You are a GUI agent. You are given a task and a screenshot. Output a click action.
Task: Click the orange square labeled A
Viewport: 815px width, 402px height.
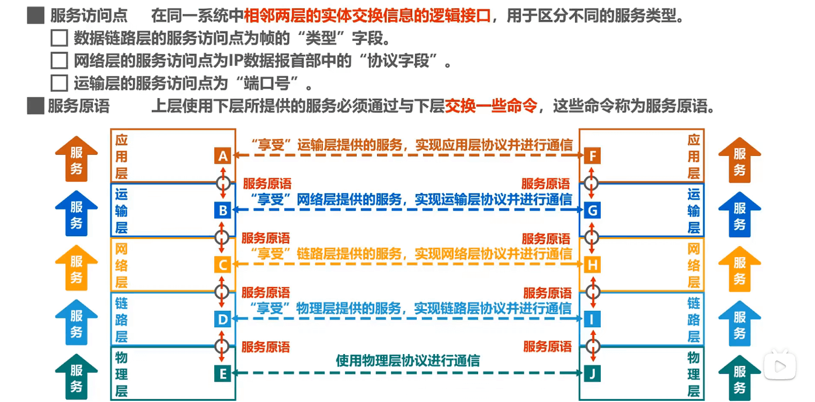pyautogui.click(x=222, y=156)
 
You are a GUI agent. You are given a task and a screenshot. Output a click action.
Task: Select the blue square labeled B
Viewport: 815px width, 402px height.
pyautogui.click(x=222, y=210)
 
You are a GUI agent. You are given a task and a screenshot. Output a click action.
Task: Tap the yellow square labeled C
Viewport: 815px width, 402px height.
pyautogui.click(x=222, y=265)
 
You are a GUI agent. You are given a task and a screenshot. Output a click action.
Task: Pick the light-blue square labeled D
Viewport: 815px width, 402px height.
pyautogui.click(x=222, y=320)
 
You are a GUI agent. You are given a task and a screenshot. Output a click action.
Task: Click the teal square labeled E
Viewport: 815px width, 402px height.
pyautogui.click(x=222, y=373)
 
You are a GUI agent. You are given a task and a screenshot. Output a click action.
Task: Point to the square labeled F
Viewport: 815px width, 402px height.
pyautogui.click(x=592, y=156)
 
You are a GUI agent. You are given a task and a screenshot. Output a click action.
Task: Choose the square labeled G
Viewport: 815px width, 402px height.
pyautogui.click(x=592, y=210)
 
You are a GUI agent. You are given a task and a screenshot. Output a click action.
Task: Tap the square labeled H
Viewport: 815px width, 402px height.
pyautogui.click(x=592, y=265)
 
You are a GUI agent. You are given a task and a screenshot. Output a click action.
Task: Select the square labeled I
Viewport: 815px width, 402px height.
pyautogui.click(x=592, y=320)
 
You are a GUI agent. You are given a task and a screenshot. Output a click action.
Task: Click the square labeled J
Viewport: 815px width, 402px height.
pyautogui.click(x=592, y=373)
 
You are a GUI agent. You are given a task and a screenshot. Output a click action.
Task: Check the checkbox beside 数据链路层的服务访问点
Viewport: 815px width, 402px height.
pyautogui.click(x=60, y=39)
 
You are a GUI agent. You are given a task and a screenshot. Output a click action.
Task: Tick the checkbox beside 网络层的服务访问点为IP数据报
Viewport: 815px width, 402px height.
pyautogui.click(x=60, y=61)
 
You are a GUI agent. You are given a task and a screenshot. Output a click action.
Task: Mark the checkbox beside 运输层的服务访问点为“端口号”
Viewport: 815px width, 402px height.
pyautogui.click(x=60, y=83)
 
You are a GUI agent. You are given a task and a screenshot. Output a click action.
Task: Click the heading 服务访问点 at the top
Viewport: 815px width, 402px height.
pyautogui.click(x=89, y=16)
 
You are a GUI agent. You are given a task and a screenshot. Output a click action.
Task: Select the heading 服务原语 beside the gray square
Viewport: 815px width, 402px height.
pyautogui.click(x=78, y=106)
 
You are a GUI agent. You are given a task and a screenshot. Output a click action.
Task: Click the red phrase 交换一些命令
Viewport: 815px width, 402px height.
pyautogui.click(x=491, y=106)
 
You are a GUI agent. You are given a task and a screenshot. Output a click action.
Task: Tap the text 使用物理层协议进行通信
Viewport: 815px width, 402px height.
pyautogui.click(x=407, y=361)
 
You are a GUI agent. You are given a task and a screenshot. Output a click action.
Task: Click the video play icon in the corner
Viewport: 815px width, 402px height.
pyautogui.click(x=780, y=365)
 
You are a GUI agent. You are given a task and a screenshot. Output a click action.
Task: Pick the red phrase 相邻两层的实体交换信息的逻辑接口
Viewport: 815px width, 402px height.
pyautogui.click(x=367, y=16)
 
